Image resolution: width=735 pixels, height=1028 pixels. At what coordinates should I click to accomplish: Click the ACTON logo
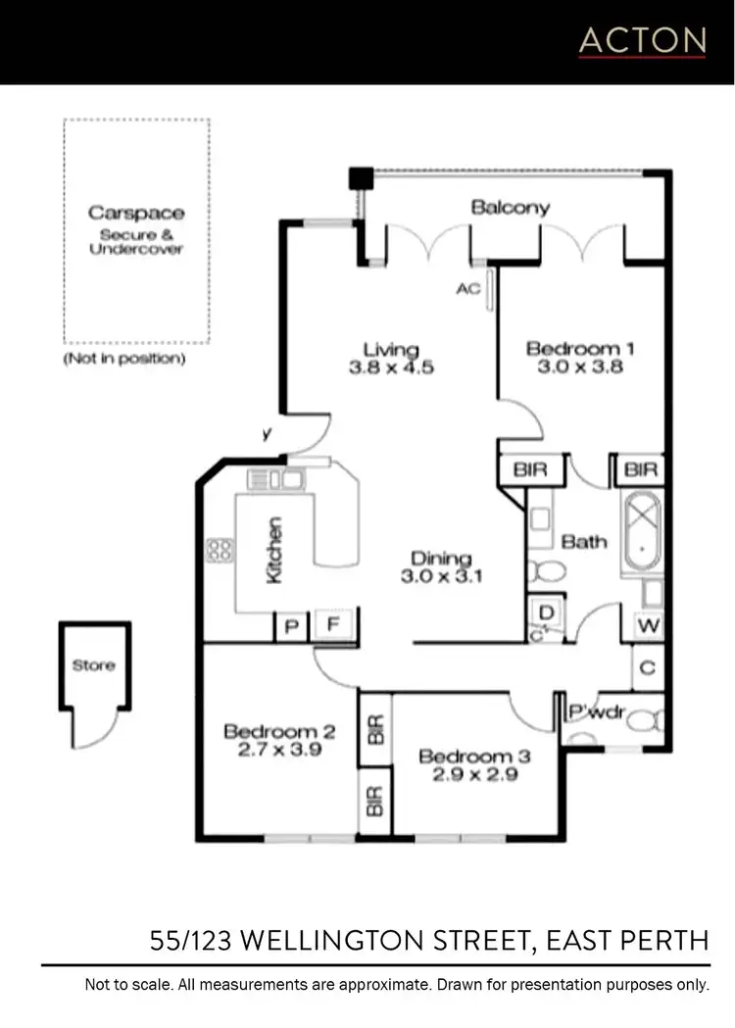(x=642, y=40)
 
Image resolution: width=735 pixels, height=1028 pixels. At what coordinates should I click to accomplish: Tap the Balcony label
(x=510, y=208)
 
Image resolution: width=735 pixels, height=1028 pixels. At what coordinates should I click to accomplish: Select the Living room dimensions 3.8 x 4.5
(x=391, y=368)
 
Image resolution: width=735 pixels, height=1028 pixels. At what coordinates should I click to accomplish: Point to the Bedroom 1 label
(x=573, y=348)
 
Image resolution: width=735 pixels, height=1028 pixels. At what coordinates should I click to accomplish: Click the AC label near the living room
(x=467, y=290)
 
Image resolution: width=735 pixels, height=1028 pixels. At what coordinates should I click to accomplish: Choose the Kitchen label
(x=274, y=551)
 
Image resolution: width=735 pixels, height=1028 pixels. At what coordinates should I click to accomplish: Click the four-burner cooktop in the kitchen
(x=219, y=551)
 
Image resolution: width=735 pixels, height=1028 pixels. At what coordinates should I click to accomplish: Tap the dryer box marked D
(x=547, y=612)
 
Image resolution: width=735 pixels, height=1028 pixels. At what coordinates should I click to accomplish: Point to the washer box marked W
(x=647, y=624)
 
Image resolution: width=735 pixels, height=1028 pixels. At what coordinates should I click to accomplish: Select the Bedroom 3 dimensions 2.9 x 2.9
(x=467, y=775)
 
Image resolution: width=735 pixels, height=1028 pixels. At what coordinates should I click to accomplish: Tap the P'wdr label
(x=597, y=712)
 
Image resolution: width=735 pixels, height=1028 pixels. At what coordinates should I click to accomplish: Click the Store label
(x=93, y=665)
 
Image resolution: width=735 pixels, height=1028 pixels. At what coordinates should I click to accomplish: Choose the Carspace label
(x=136, y=213)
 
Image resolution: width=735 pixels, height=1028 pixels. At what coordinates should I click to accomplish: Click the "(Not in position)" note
(x=124, y=359)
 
